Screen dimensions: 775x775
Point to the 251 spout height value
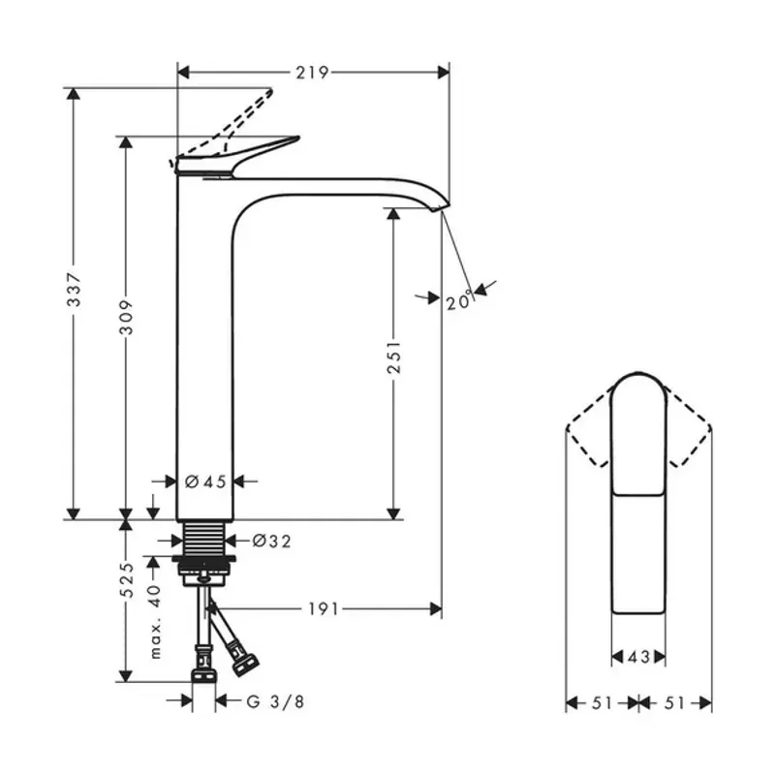[394, 357]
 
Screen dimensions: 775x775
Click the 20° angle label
[459, 300]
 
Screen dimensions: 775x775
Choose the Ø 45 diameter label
[205, 480]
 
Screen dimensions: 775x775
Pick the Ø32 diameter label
[271, 541]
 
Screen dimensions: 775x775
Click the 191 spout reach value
[325, 608]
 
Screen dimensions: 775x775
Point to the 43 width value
[637, 657]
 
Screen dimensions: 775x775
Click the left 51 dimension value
[602, 702]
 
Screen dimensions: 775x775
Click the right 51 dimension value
[675, 702]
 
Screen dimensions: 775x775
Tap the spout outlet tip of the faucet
[441, 205]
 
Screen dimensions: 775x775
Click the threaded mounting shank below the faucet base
[204, 539]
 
